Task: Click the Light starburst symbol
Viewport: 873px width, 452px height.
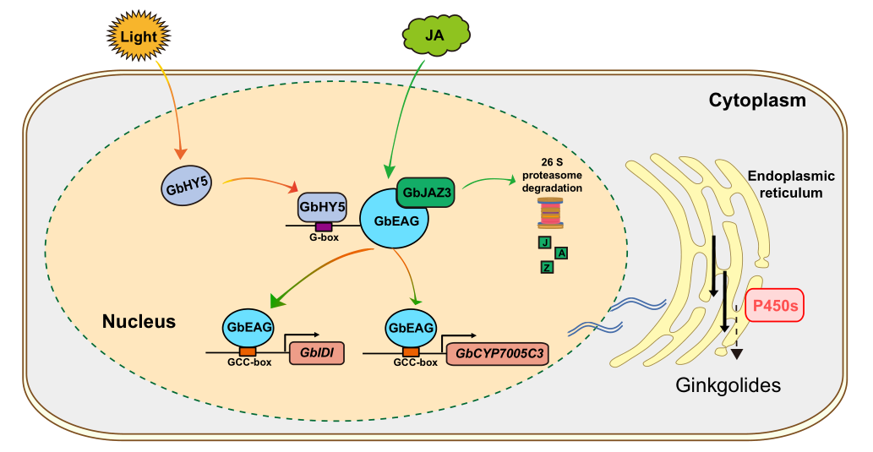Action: pyautogui.click(x=138, y=36)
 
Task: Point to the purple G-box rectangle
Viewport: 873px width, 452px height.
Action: pyautogui.click(x=323, y=226)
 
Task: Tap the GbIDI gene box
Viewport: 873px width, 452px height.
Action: pyautogui.click(x=317, y=351)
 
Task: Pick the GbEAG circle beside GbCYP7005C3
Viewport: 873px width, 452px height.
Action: pyautogui.click(x=411, y=326)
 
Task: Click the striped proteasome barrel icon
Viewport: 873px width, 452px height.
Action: pyautogui.click(x=550, y=213)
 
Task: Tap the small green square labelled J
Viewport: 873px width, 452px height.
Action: pyautogui.click(x=545, y=243)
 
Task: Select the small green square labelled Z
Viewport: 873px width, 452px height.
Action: pyautogui.click(x=547, y=267)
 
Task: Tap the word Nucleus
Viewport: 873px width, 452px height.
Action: pyautogui.click(x=139, y=322)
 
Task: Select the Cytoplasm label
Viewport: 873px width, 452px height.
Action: pyautogui.click(x=756, y=101)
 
